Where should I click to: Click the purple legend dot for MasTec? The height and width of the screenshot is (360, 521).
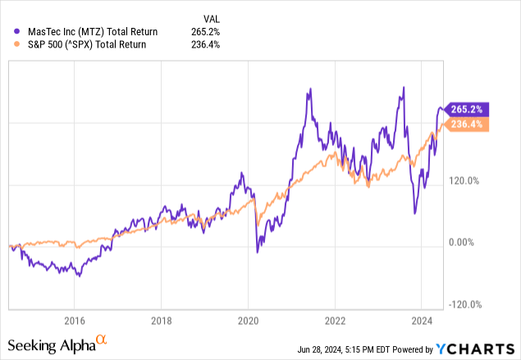18,31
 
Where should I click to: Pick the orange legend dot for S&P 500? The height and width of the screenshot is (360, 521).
18,44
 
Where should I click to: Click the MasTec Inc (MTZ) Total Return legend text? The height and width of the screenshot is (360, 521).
93,31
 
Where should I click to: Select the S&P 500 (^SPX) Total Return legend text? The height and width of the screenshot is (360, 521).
93,44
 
